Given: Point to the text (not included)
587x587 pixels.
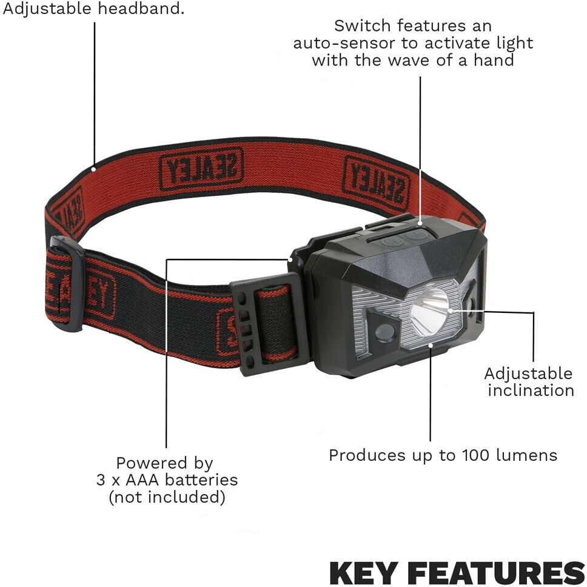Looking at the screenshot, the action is tap(167, 497).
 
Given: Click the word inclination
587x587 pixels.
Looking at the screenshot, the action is tap(531, 391).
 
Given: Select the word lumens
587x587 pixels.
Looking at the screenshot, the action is tap(527, 455).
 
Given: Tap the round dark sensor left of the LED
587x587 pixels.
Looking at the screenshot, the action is tap(384, 332).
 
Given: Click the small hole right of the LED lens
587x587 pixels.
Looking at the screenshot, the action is tap(470, 302).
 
